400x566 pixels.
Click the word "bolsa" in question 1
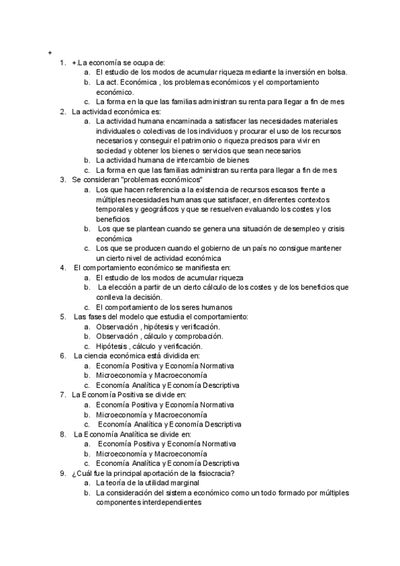pyautogui.click(x=337, y=72)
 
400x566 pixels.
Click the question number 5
pyautogui.click(x=63, y=316)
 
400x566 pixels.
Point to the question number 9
pyautogui.click(x=63, y=473)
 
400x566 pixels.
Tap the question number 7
pyautogui.click(x=63, y=395)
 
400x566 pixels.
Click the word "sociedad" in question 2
pyautogui.click(x=111, y=150)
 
